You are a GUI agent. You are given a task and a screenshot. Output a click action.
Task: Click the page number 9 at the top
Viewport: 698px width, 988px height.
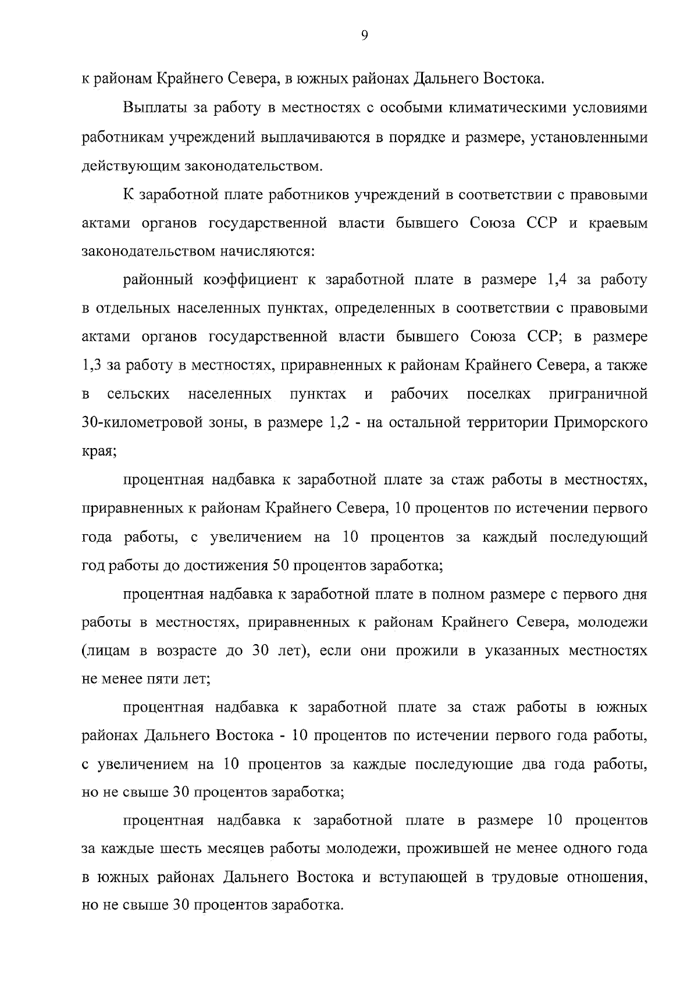click(364, 36)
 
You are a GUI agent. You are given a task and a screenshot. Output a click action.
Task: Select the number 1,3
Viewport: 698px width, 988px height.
click(91, 365)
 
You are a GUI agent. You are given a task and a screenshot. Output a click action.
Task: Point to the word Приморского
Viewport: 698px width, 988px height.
click(601, 422)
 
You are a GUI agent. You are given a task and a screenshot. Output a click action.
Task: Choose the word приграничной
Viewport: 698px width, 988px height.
click(598, 395)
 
